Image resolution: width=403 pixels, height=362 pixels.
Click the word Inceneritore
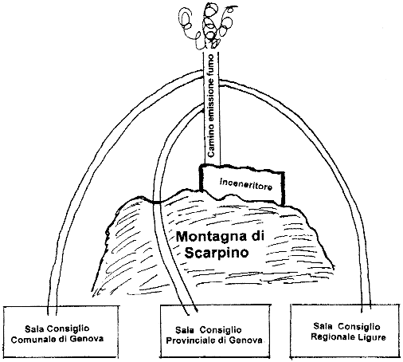[246, 184]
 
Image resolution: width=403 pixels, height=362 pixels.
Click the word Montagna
[209, 237]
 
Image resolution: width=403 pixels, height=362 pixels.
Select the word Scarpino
[217, 253]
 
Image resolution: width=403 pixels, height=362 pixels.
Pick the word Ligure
[373, 337]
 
